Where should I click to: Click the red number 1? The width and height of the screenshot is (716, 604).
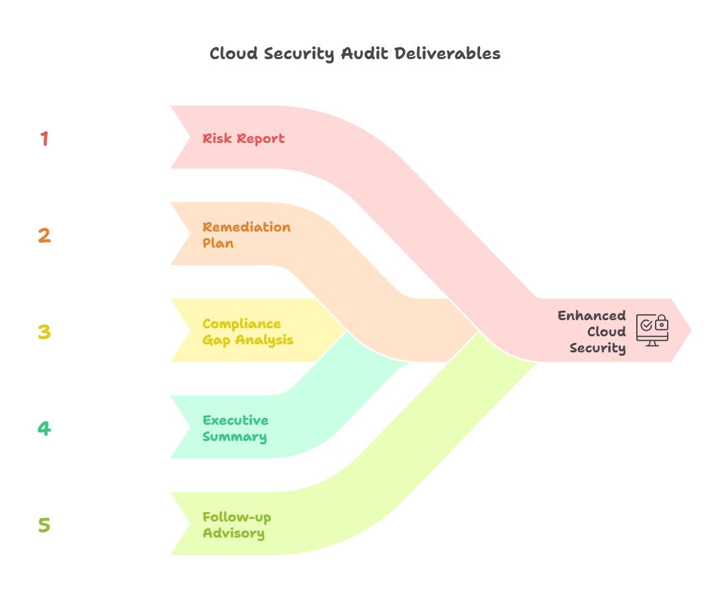[x=44, y=139]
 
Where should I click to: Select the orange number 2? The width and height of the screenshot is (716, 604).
[x=44, y=236]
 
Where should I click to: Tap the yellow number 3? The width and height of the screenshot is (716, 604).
[x=44, y=332]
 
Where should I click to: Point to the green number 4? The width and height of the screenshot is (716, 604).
[x=44, y=428]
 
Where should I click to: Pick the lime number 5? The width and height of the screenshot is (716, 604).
[x=44, y=525]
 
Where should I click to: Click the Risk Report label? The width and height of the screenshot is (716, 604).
[x=243, y=139]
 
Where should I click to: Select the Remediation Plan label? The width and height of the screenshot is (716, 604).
[x=246, y=235]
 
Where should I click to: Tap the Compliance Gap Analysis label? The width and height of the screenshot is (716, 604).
[x=247, y=332]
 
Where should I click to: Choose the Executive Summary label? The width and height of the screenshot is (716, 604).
[x=235, y=428]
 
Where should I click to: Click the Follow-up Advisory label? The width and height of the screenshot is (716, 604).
[x=237, y=525]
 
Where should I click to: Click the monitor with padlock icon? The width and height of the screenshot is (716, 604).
[x=652, y=330]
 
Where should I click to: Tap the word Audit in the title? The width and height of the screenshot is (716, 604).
[x=364, y=54]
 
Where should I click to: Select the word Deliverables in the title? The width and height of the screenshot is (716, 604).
[x=447, y=54]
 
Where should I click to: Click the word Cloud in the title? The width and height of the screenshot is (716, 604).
[x=233, y=54]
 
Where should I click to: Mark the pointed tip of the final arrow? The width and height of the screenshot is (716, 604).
[x=691, y=330]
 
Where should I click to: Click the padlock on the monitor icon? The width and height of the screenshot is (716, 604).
[x=661, y=323]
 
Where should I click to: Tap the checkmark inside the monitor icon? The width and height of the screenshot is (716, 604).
[x=646, y=325]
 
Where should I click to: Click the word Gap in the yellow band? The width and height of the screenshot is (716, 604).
[x=216, y=340]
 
